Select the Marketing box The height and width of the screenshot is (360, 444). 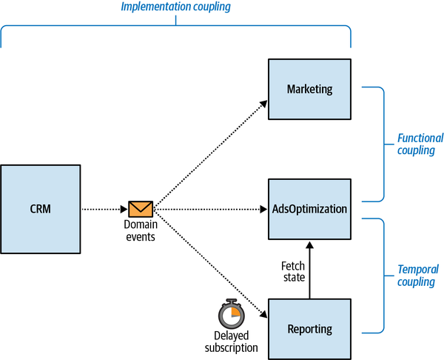(x=309, y=90)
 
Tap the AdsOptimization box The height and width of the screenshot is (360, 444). (x=309, y=209)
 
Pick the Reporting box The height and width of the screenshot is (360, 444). (x=309, y=329)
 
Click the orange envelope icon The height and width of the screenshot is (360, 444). (x=141, y=209)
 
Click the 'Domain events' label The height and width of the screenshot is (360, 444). (x=141, y=231)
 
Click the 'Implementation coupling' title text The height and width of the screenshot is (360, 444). (x=176, y=8)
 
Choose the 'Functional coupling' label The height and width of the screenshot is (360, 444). (x=420, y=144)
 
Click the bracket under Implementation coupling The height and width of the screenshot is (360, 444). (x=176, y=28)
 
